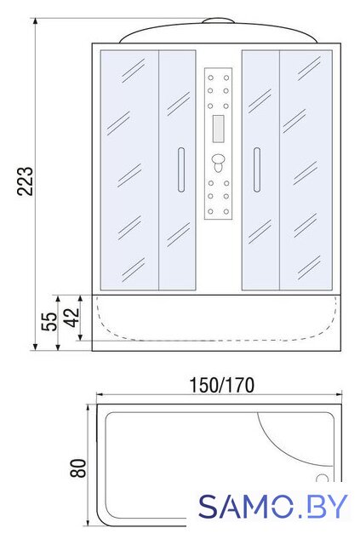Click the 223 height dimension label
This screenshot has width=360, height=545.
26,181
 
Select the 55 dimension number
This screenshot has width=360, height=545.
49,322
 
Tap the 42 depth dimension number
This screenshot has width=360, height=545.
72,318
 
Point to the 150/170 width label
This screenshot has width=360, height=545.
221,385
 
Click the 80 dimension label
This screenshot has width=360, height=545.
77,468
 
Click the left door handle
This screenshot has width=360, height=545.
181,169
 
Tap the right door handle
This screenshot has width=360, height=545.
257,169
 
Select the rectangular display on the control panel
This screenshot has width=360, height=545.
218,129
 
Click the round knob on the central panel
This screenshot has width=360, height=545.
218,161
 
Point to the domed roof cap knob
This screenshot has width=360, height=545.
218,20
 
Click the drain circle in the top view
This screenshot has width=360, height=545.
323,479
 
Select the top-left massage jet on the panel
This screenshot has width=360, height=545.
210,77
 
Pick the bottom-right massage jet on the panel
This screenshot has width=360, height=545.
226,211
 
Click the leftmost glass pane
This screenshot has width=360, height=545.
129,170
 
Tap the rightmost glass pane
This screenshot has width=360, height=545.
306,170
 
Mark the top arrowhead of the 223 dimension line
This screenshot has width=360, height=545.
35,21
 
